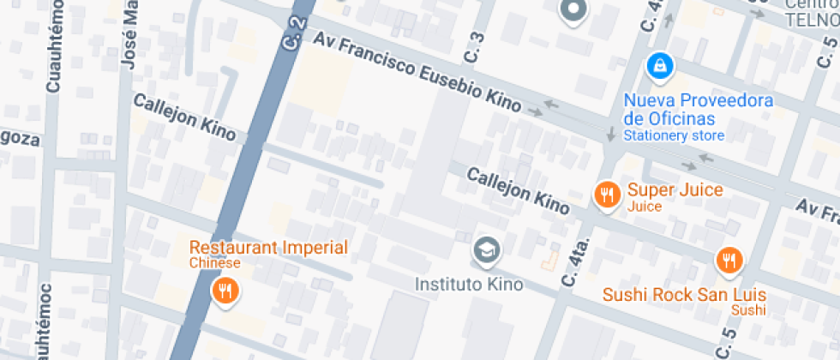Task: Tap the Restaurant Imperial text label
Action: (268, 249)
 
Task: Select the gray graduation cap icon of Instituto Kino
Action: (486, 250)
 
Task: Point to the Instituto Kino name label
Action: (468, 284)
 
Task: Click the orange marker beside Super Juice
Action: (608, 194)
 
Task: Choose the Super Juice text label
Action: (675, 190)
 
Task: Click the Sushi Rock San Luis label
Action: (684, 295)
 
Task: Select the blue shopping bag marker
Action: (658, 64)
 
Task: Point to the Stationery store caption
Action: (674, 135)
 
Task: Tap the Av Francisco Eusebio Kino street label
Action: (417, 73)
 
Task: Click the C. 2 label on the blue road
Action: (293, 33)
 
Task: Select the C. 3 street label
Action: (476, 47)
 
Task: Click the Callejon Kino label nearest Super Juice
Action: (518, 190)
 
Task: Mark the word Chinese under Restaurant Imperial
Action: (215, 263)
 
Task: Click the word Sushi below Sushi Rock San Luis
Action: (747, 309)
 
